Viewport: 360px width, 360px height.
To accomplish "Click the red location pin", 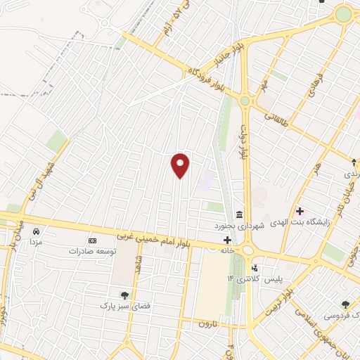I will coord(181,165).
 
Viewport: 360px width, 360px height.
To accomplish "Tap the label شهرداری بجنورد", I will coord(240,226).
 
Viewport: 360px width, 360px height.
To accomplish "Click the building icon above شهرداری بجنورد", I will coord(240,214).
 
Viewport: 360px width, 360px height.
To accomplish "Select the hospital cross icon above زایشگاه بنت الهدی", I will coord(300,210).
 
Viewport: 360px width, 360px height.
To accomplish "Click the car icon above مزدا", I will coord(36,231).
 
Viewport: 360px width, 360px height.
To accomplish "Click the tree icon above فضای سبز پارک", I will coord(124,295).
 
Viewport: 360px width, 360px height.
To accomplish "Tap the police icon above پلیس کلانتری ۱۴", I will coord(255,268).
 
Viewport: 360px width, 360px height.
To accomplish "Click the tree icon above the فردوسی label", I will coord(345,304).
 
